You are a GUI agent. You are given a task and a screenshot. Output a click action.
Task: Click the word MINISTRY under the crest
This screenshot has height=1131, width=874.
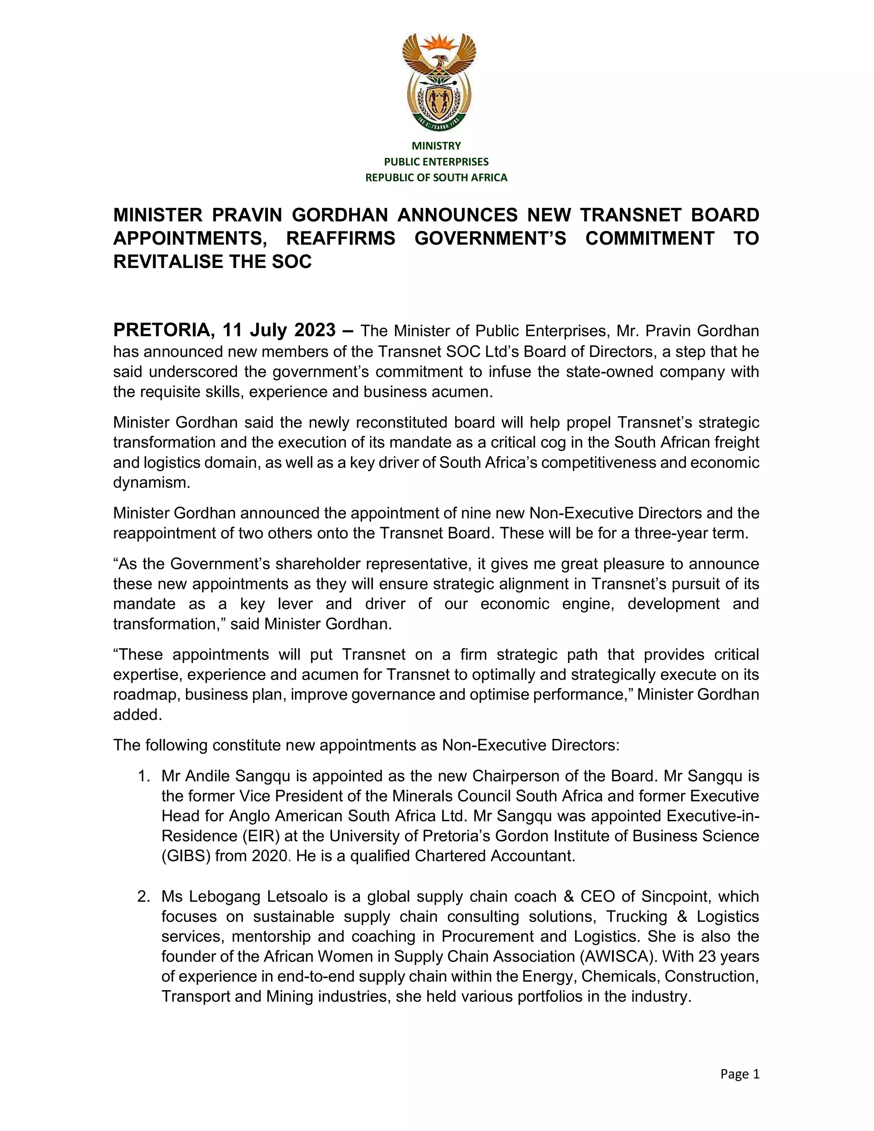click(x=436, y=146)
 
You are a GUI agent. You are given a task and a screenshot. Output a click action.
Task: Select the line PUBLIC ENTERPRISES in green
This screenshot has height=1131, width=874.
click(x=436, y=162)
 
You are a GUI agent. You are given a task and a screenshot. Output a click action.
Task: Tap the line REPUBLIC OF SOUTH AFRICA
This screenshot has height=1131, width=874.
click(x=436, y=178)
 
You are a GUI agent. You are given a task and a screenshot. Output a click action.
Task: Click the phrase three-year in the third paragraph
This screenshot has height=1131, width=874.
click(x=667, y=533)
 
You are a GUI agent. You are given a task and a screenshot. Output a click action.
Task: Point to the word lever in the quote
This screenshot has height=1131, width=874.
click(x=295, y=604)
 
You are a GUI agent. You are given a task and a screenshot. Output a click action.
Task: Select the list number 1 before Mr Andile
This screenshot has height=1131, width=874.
click(x=143, y=776)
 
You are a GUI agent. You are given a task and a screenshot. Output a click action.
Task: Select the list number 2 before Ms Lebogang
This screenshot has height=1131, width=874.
click(x=143, y=896)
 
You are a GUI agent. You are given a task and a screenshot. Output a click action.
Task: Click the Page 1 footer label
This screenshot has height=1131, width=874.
click(x=740, y=1074)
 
